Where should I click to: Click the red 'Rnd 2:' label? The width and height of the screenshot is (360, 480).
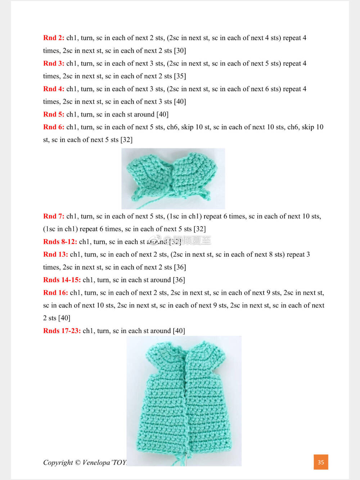54,38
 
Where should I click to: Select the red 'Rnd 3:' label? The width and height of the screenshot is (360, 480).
54,63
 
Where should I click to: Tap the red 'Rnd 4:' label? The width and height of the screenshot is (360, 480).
54,89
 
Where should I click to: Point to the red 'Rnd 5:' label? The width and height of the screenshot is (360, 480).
54,115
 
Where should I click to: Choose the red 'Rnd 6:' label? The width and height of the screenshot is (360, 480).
54,127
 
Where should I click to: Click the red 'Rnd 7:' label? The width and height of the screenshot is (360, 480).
54,216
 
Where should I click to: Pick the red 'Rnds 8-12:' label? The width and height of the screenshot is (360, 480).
60,242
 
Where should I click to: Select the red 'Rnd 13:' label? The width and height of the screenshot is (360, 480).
55,255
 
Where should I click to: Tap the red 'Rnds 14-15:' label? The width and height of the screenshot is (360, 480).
62,280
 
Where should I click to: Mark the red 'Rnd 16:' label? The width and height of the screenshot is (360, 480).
55,293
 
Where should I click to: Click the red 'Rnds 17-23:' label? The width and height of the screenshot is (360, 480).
62,331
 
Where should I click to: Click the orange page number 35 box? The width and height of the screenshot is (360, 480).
321,462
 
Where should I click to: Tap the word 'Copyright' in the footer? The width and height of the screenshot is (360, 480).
58,463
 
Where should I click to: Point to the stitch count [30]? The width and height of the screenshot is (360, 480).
180,51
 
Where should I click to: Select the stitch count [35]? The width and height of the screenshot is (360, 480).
180,76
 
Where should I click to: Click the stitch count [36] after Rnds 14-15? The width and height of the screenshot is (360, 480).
179,280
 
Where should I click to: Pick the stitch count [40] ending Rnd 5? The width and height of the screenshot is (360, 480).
162,115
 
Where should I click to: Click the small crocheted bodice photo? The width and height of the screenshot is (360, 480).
173,179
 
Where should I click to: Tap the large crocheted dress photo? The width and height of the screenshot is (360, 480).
184,401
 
